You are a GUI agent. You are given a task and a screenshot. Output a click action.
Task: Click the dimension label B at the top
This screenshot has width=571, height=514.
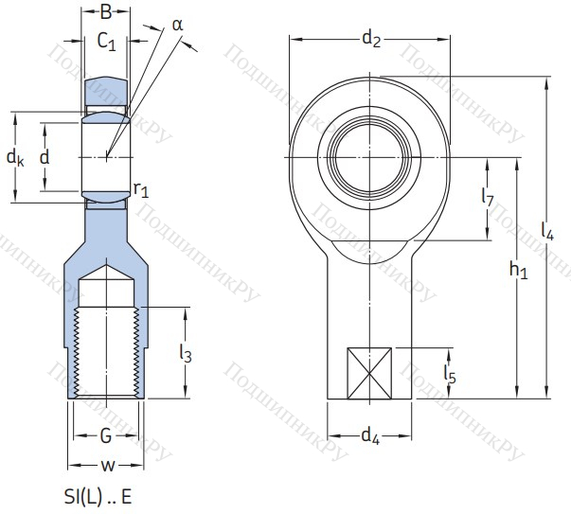[x=106, y=11]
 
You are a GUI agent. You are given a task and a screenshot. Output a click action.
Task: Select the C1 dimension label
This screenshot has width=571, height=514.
[x=106, y=41]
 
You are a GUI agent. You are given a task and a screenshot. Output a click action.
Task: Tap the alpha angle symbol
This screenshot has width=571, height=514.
[x=177, y=26]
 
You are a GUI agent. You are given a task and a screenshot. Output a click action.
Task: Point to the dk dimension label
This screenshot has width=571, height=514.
[x=15, y=157]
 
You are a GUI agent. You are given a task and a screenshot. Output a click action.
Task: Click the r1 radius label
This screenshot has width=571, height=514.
[x=141, y=189]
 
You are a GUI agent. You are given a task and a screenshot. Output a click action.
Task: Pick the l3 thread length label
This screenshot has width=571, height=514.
[x=186, y=353]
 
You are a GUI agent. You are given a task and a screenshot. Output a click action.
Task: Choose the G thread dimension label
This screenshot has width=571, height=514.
[x=106, y=435]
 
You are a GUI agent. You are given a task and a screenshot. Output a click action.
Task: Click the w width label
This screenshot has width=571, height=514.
[x=108, y=465]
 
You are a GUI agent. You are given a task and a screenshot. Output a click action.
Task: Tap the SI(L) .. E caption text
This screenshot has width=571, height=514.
[x=98, y=497]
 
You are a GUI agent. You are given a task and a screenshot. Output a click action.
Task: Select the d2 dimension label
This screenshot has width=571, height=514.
[x=371, y=39]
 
